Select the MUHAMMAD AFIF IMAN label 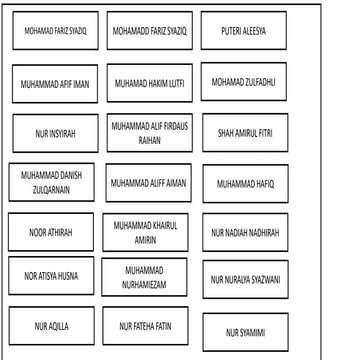click(x=56, y=84)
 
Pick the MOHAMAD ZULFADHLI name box click(x=244, y=81)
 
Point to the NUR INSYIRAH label click(x=56, y=132)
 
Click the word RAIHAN click(x=150, y=141)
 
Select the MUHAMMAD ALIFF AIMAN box click(x=150, y=183)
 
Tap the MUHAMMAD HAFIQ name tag click(x=245, y=183)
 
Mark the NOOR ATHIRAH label click(x=51, y=232)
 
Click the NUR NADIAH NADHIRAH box click(x=245, y=232)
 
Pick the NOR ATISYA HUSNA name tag click(x=51, y=276)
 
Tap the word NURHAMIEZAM click(x=144, y=284)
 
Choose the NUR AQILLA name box click(x=51, y=325)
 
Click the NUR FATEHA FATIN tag click(x=145, y=325)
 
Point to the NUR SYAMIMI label click(x=245, y=332)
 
